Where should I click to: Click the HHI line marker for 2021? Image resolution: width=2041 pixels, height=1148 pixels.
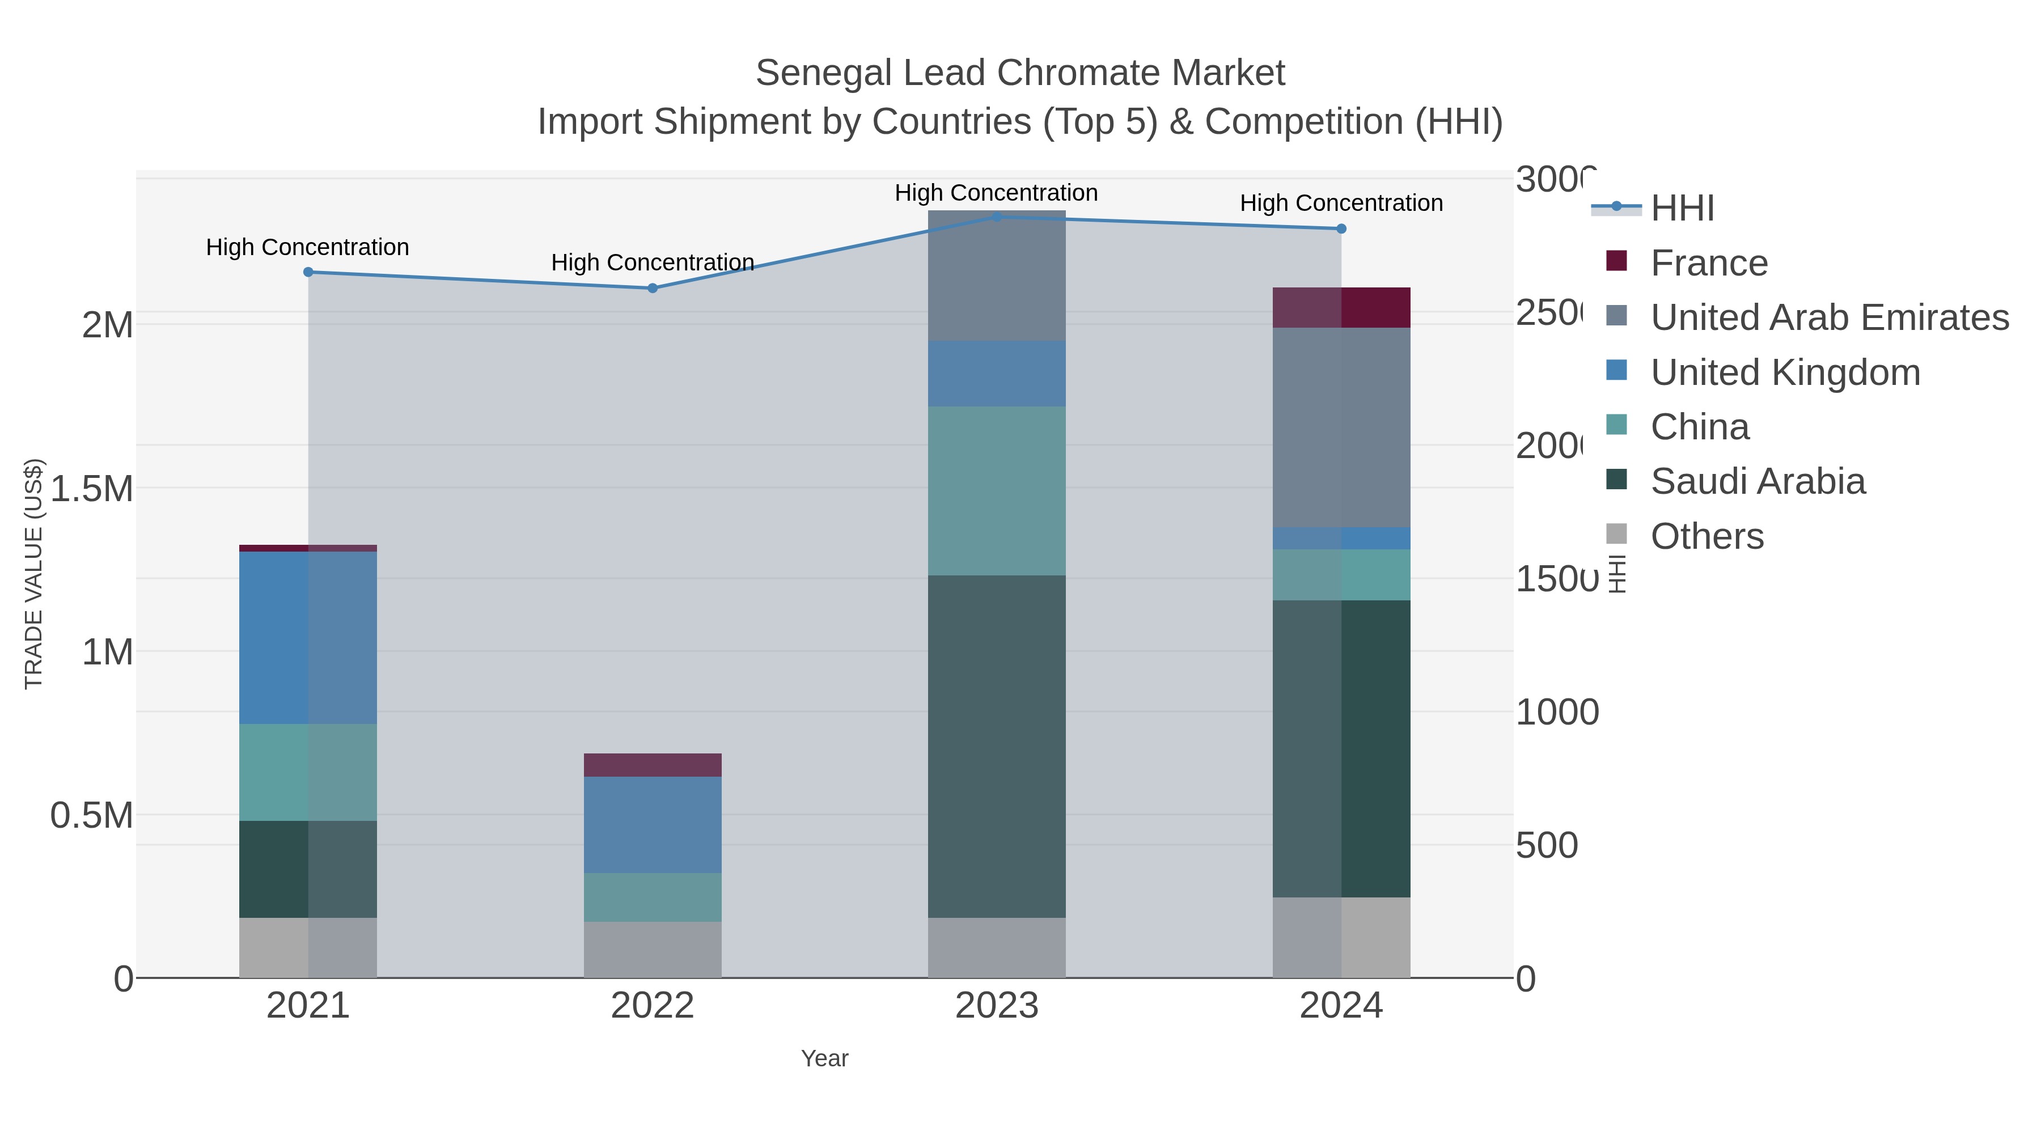pyautogui.click(x=308, y=272)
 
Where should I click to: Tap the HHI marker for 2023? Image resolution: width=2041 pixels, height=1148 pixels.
pyautogui.click(x=997, y=217)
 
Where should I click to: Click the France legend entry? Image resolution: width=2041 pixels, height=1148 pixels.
pyautogui.click(x=1708, y=263)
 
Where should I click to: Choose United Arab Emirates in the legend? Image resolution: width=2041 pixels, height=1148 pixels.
pyautogui.click(x=1828, y=317)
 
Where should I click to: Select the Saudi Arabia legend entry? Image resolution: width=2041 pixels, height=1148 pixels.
pyautogui.click(x=1758, y=482)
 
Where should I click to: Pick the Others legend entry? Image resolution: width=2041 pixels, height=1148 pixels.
pyautogui.click(x=1707, y=536)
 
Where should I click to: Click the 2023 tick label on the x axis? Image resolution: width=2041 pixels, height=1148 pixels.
pyautogui.click(x=997, y=1006)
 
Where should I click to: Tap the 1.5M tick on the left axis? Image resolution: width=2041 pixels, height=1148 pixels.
pyautogui.click(x=92, y=489)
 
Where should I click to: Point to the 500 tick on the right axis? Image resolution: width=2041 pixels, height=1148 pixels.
pyautogui.click(x=1547, y=845)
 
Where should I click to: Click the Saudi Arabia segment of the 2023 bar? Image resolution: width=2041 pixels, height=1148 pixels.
pyautogui.click(x=997, y=745)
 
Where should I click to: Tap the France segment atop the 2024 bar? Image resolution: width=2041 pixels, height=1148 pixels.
pyautogui.click(x=1341, y=307)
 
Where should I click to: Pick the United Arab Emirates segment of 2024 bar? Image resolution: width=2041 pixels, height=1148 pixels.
pyautogui.click(x=1341, y=428)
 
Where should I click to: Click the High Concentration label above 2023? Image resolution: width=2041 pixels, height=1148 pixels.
pyautogui.click(x=996, y=193)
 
